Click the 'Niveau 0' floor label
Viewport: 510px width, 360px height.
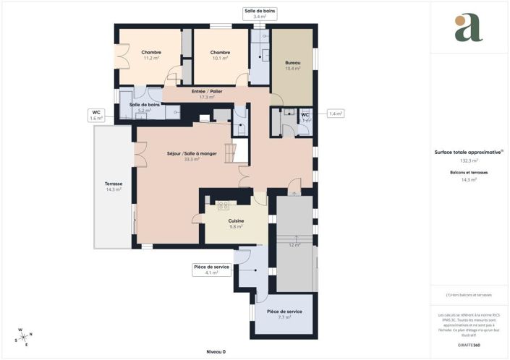pyautogui.click(x=216, y=351)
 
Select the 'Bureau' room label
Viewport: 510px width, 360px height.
pyautogui.click(x=292, y=64)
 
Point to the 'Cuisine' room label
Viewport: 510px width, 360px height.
pyautogui.click(x=236, y=221)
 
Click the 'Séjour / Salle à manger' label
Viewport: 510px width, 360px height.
pyautogui.click(x=192, y=154)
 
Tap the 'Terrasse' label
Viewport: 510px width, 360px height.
pyautogui.click(x=114, y=184)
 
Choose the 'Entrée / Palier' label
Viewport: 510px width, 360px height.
pyautogui.click(x=207, y=92)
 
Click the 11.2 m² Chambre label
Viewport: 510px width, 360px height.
pyautogui.click(x=151, y=53)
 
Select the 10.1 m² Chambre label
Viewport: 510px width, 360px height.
pyautogui.click(x=220, y=53)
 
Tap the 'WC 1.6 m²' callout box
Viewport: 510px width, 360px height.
pyautogui.click(x=95, y=115)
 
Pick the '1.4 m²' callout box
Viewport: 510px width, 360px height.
pyautogui.click(x=335, y=113)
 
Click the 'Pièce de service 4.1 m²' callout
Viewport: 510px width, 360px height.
pyautogui.click(x=211, y=270)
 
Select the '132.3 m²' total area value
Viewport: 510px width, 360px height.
pyautogui.click(x=469, y=160)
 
